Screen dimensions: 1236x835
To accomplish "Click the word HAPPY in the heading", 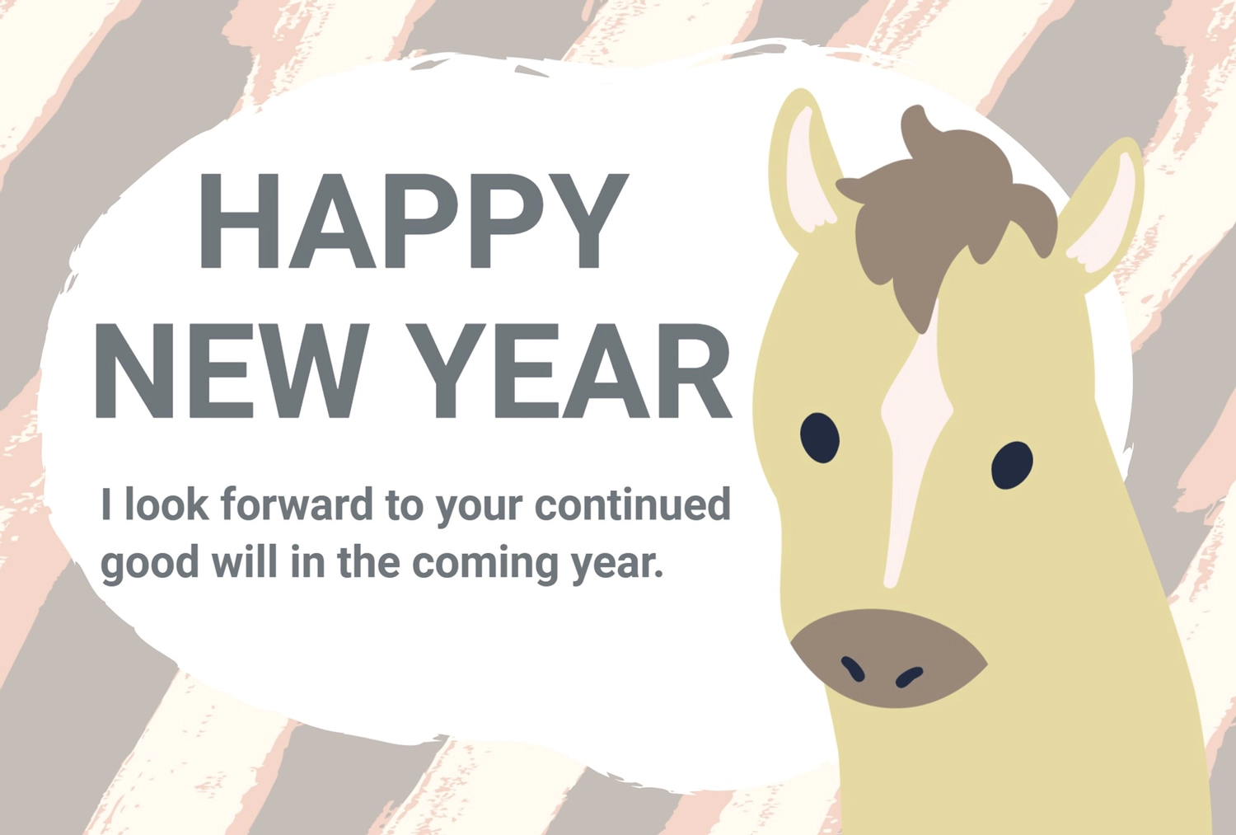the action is pos(414,221).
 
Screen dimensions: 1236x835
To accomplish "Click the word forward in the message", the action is pos(297,504).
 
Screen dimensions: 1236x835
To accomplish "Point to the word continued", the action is pos(633,504).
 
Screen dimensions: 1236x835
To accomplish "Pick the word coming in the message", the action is pos(485,564).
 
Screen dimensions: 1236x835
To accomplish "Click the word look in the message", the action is pos(166,504).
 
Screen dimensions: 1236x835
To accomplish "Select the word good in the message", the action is pos(149,564).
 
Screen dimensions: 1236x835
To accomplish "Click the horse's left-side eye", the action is pos(820,438).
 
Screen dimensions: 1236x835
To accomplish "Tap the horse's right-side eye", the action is pos(1012,465).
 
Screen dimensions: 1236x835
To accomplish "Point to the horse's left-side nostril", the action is pos(853,668).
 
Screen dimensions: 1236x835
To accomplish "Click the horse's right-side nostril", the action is pos(909,677).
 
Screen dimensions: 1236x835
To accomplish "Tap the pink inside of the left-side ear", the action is pos(806,171).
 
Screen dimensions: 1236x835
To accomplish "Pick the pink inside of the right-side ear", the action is pos(1103,215).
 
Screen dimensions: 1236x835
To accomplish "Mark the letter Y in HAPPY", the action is pos(587,221).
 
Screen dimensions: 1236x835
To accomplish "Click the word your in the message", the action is pos(479,509).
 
